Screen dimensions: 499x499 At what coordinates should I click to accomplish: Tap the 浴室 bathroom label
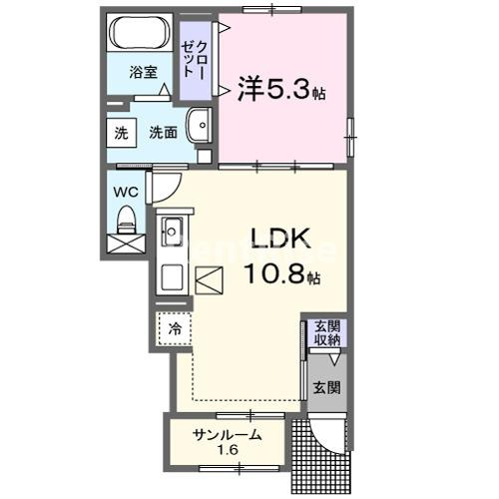(143, 72)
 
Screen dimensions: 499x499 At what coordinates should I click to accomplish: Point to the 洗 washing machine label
(120, 132)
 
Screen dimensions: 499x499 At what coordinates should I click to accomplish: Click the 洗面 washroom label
(163, 132)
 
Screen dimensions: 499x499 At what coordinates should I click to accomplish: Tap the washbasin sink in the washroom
(200, 126)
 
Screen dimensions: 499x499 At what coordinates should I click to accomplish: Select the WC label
(125, 191)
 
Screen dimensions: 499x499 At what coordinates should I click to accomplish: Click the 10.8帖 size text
(284, 272)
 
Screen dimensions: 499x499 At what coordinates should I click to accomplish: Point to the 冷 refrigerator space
(175, 327)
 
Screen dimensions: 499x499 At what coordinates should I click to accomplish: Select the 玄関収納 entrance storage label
(327, 333)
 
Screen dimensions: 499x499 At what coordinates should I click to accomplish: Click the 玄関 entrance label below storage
(327, 387)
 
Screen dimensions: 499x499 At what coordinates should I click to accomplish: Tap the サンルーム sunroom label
(228, 434)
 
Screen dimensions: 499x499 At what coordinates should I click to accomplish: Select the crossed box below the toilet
(126, 243)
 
